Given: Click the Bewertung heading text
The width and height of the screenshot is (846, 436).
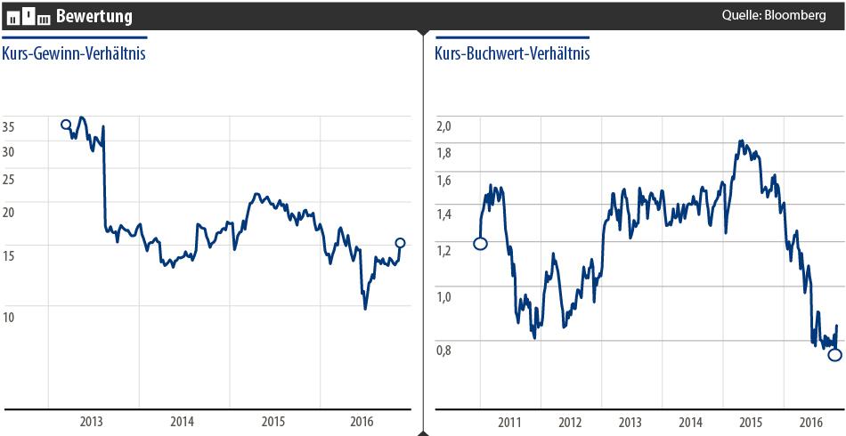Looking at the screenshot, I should coord(94,16).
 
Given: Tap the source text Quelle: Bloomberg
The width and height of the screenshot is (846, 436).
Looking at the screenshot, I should coord(775,15).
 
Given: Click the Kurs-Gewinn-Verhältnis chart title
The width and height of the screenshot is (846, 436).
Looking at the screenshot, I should coord(74,53).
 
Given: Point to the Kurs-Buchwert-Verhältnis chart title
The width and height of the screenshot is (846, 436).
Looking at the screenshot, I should coord(512,53).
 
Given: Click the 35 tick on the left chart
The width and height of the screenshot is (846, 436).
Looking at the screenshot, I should coord(9,126).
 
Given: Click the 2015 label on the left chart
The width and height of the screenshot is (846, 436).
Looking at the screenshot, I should coord(273,422).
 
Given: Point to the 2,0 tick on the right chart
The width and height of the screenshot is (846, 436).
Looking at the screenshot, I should coord(443,125).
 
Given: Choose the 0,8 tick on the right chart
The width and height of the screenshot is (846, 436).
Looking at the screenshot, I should coord(443,350).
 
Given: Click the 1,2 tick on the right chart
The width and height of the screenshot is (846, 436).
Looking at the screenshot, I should coord(443,251).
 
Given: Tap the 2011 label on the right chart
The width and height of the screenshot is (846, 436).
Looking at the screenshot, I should coord(509,422).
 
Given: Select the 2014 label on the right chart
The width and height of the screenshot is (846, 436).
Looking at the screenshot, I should coord(690,422).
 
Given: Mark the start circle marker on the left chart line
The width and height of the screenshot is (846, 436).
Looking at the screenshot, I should coord(66,125).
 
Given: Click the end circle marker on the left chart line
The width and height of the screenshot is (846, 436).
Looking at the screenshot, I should coord(400,242).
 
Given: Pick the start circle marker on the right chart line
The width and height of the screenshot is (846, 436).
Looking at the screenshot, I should coord(480,244).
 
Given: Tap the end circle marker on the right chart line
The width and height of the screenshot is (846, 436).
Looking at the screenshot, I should coord(834,355).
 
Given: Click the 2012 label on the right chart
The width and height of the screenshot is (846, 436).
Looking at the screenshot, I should coord(570,422).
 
